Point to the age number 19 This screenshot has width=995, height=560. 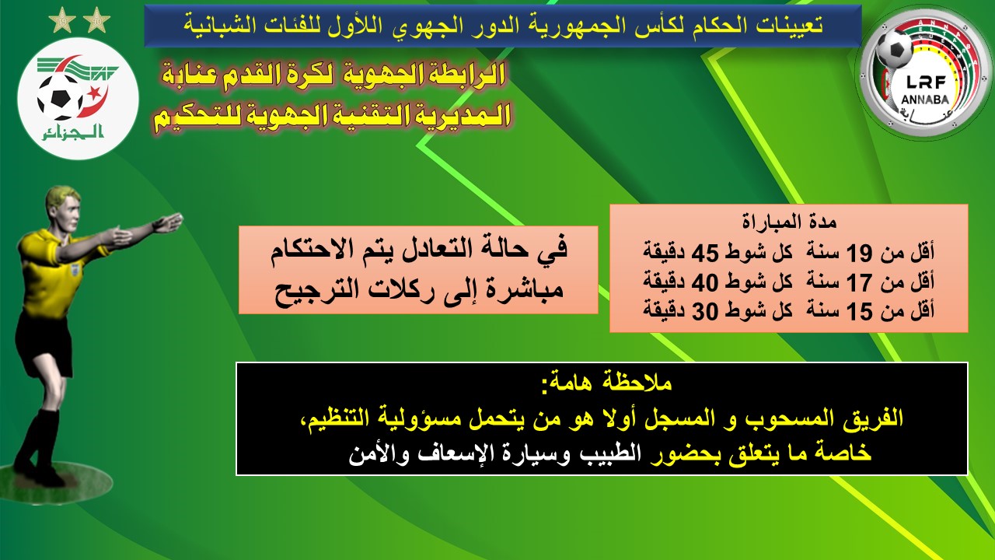860,253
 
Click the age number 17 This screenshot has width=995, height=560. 860,282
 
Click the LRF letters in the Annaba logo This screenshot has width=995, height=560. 926,82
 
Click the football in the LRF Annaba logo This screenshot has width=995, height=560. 894,49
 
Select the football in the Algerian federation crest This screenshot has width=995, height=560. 60,97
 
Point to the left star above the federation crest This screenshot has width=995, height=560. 62,21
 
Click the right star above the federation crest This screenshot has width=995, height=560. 96,20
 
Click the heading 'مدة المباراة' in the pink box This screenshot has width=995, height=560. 789,222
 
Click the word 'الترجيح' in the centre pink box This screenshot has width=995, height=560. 312,292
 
